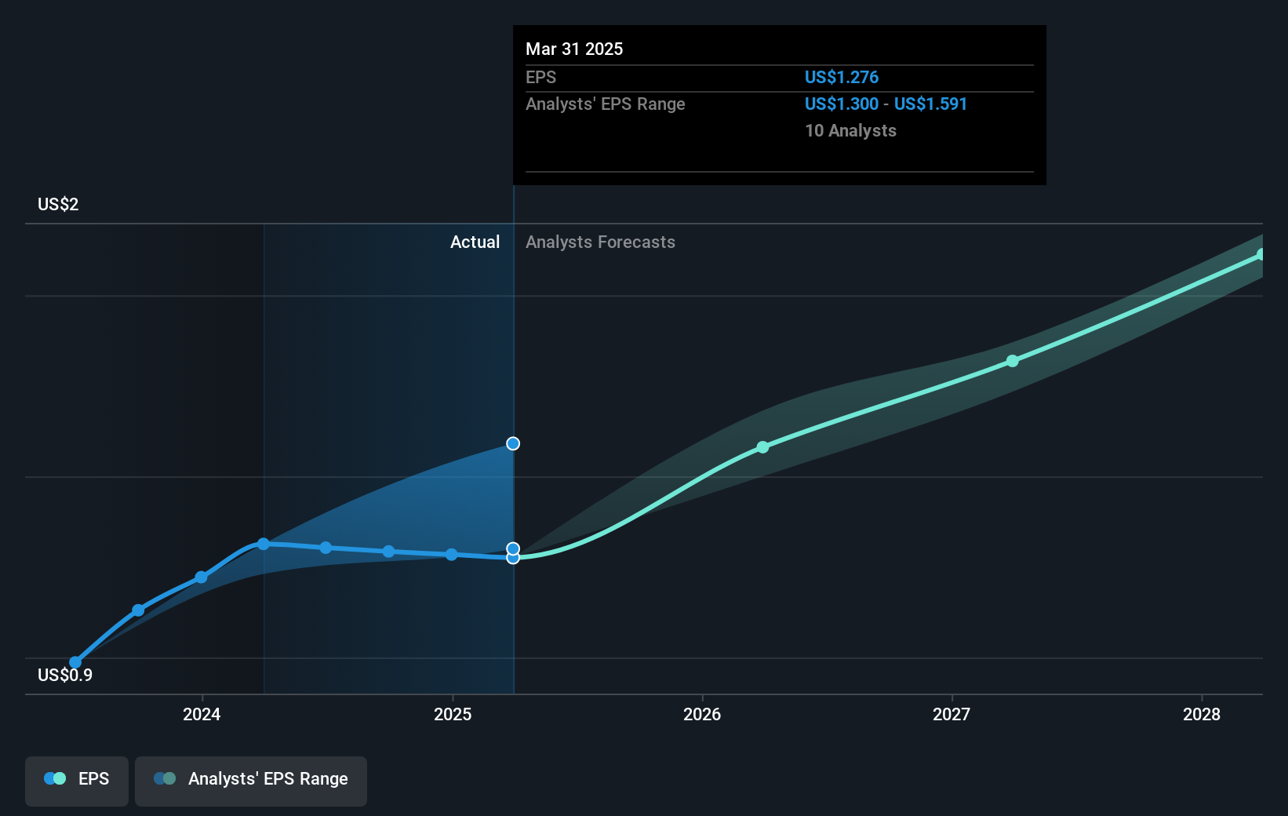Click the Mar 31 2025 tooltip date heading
[x=573, y=49]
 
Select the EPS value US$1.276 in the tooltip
[x=841, y=77]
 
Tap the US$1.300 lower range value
[x=841, y=104]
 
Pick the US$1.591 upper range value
[x=930, y=104]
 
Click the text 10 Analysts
[x=850, y=130]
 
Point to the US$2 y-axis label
[x=58, y=204]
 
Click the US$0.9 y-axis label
[x=64, y=675]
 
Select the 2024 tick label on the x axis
[x=202, y=714]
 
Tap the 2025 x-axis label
[x=453, y=714]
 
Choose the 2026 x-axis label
[x=702, y=714]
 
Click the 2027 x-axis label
[x=951, y=714]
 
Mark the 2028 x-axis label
[x=1201, y=714]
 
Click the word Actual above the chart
[x=475, y=242]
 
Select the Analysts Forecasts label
[x=600, y=242]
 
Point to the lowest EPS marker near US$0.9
[x=75, y=662]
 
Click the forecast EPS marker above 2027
[x=1012, y=361]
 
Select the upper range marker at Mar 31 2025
[x=513, y=443]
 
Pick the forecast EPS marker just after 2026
[x=762, y=447]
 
